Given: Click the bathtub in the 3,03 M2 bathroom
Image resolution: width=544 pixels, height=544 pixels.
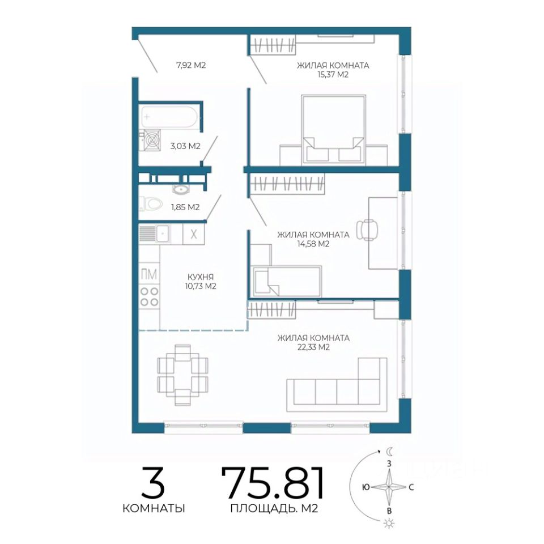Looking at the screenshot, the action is [x=169, y=117].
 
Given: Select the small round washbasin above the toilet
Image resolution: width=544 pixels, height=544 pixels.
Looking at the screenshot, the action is [x=180, y=189].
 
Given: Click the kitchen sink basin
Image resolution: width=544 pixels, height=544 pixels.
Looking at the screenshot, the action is [x=163, y=233].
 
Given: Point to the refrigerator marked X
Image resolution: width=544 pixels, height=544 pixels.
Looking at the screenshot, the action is [x=194, y=234].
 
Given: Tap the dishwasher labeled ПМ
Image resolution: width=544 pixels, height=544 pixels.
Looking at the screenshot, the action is [x=149, y=274].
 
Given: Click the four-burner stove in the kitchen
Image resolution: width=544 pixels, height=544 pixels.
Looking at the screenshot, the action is [x=149, y=296].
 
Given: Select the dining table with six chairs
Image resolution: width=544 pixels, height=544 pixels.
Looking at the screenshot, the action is [x=183, y=375].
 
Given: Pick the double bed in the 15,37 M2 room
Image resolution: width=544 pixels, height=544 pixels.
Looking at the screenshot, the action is [x=333, y=130].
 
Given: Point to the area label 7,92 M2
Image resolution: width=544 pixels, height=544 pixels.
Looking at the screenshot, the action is [x=191, y=65].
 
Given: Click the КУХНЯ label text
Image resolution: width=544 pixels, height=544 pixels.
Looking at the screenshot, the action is [x=201, y=277].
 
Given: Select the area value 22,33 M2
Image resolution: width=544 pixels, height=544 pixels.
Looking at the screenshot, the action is [x=313, y=347].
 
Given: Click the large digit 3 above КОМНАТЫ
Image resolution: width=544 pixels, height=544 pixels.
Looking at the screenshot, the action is [x=153, y=482].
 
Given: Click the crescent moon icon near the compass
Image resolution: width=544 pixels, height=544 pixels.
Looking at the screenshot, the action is [x=390, y=452].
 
